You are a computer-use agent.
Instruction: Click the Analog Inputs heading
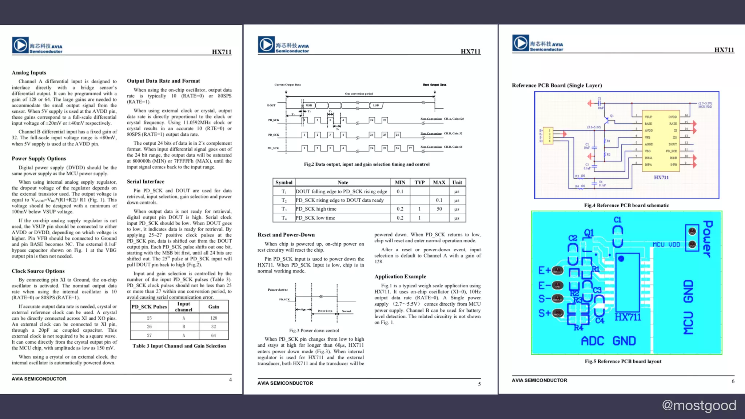click(29, 73)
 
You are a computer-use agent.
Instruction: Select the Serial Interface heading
click(146, 181)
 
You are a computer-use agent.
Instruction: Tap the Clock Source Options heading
click(38, 271)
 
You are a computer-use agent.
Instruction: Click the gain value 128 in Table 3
click(214, 318)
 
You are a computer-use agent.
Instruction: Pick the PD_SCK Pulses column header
click(149, 307)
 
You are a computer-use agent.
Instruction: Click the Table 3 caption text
click(179, 346)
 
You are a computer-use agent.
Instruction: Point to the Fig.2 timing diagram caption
click(367, 164)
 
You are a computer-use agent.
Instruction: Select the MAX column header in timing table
click(439, 182)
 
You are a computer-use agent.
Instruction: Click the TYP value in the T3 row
click(419, 209)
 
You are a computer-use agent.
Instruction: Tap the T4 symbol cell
click(284, 218)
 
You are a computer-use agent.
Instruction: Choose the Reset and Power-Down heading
click(286, 235)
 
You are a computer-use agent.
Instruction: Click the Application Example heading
click(400, 276)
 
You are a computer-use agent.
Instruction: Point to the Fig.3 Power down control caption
click(314, 331)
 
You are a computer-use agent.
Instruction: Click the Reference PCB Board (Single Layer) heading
click(557, 85)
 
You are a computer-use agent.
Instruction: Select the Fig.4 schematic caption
click(626, 205)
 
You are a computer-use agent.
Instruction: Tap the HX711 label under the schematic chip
click(661, 177)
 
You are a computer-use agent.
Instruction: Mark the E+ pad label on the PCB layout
click(545, 271)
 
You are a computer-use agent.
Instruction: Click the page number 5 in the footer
click(479, 384)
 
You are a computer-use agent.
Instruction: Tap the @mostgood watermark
click(699, 405)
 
